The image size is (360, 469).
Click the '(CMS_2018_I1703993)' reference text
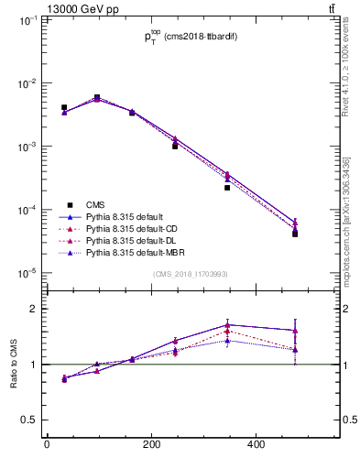tap(191, 275)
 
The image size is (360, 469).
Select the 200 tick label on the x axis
tap(153, 444)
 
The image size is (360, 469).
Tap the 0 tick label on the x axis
tap(47, 444)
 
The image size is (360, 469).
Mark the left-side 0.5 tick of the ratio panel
tap(30, 420)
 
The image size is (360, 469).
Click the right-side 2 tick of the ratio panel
tap(346, 309)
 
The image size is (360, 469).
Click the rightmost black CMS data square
tap(295, 234)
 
